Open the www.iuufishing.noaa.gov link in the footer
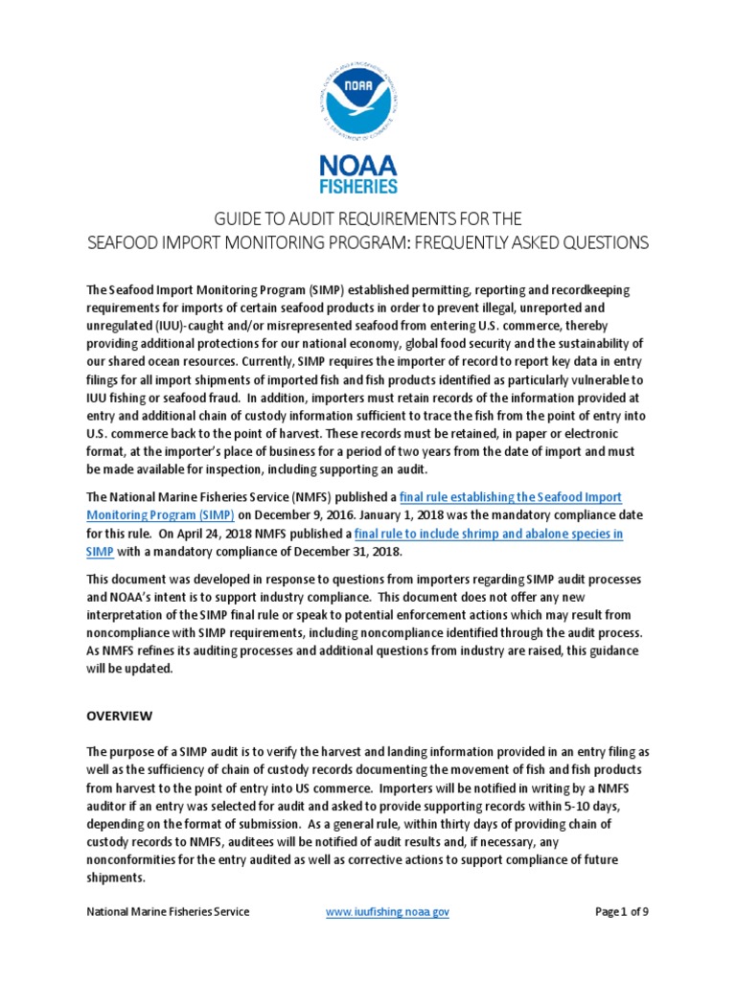pyautogui.click(x=387, y=912)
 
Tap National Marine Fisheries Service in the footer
pyautogui.click(x=169, y=912)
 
